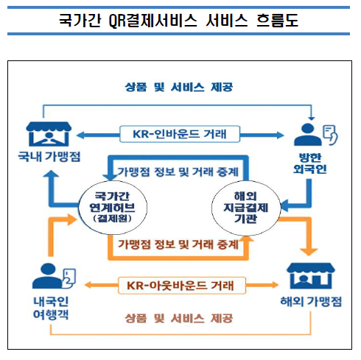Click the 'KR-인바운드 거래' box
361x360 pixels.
(180, 134)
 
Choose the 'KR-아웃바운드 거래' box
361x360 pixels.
(180, 283)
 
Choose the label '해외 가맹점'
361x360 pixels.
(313, 303)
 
